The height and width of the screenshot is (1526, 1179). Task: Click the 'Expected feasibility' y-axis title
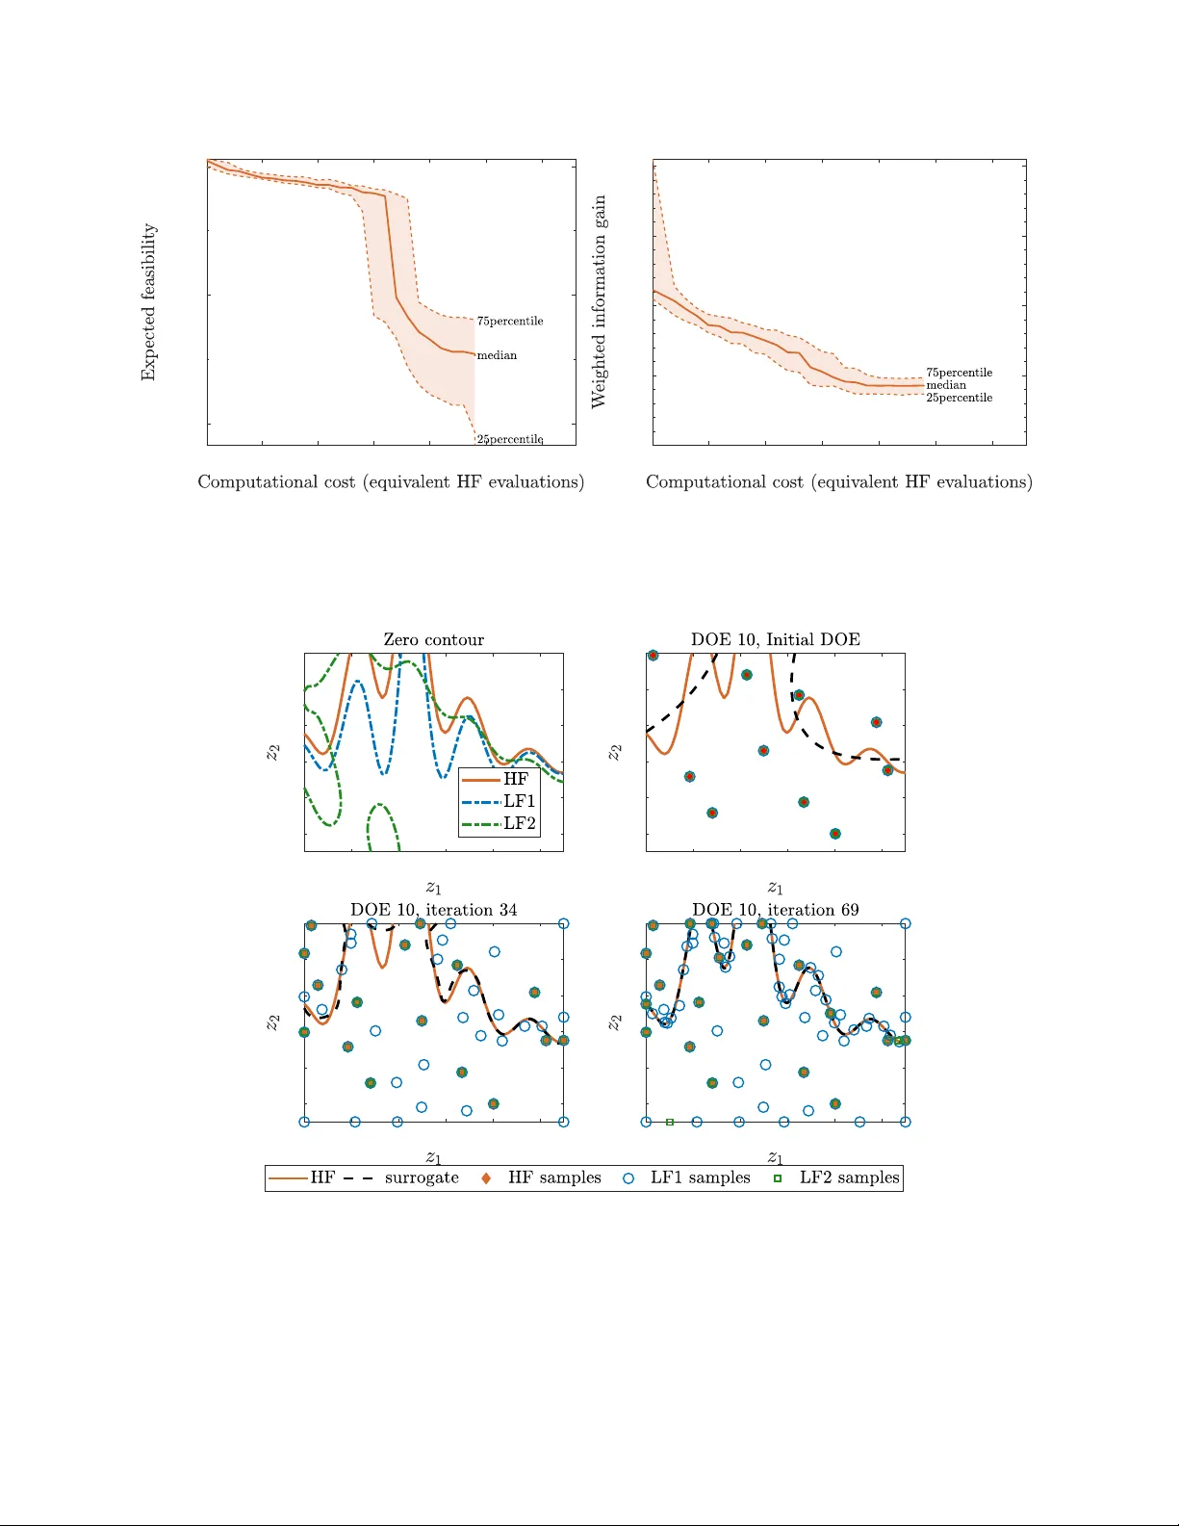(x=148, y=302)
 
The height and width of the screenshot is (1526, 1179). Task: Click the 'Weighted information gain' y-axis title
(x=600, y=301)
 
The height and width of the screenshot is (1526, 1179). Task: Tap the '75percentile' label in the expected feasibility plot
(x=510, y=322)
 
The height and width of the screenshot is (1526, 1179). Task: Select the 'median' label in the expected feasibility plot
(x=497, y=355)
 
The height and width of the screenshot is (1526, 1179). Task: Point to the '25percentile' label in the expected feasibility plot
(x=510, y=439)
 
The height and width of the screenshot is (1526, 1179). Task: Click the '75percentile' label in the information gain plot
(x=959, y=373)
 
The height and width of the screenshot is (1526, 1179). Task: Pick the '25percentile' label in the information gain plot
(x=959, y=398)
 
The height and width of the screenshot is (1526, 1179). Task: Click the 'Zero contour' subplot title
(x=433, y=640)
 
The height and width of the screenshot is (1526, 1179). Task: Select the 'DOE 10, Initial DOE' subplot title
(x=775, y=640)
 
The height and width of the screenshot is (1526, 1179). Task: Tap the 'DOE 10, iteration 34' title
(x=433, y=910)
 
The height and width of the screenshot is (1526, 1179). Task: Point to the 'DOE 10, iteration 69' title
(x=775, y=910)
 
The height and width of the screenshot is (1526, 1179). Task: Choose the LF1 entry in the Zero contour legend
(x=519, y=801)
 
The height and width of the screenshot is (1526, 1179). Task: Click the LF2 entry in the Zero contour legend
(x=519, y=823)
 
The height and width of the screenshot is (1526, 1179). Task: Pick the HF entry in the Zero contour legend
(x=516, y=779)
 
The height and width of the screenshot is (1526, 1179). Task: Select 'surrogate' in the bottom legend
(x=421, y=1177)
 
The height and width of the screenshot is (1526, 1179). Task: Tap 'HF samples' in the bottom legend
(x=553, y=1177)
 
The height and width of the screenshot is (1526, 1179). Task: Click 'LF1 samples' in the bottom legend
(x=700, y=1177)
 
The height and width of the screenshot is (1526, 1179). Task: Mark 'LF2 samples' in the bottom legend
(x=849, y=1177)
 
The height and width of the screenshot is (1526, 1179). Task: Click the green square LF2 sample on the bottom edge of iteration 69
(x=670, y=1122)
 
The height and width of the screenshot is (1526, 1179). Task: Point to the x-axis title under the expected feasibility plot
(x=391, y=481)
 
